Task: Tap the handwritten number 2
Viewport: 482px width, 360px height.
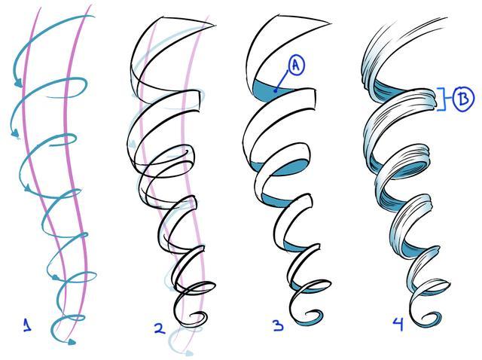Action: (160, 329)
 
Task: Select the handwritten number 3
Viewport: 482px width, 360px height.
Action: (279, 325)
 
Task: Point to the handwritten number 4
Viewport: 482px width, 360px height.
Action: (398, 325)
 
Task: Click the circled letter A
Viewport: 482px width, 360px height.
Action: (296, 66)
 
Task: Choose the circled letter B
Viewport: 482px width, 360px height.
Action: (463, 99)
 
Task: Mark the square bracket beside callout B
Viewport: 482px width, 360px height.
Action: (441, 99)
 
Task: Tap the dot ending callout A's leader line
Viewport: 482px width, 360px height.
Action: (276, 90)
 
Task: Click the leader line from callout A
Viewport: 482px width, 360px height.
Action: (282, 81)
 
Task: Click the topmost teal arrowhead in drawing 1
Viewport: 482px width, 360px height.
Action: (18, 83)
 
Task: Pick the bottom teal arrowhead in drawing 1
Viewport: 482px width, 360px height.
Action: (72, 342)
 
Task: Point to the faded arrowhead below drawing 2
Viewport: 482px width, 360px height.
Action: (189, 353)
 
